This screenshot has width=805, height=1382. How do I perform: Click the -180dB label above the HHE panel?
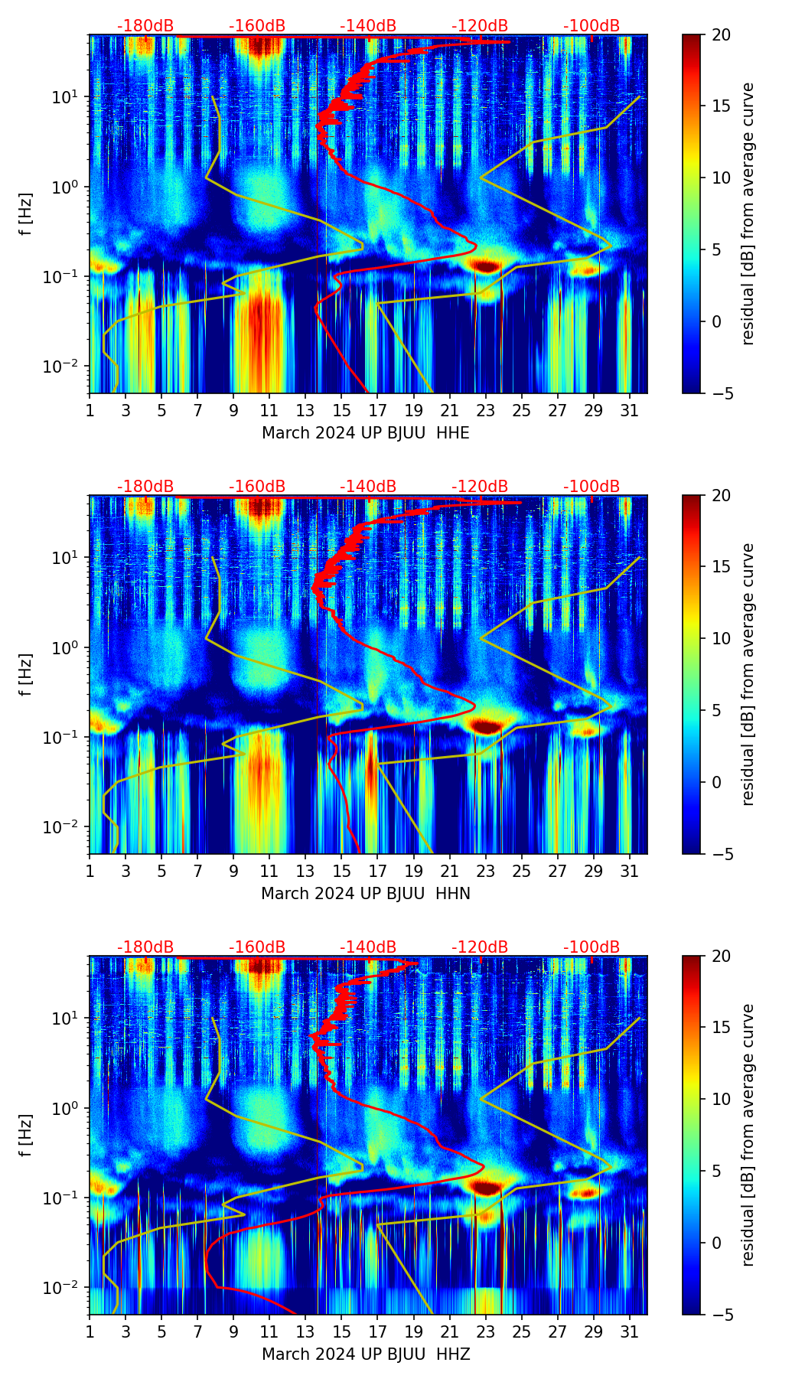[145, 26]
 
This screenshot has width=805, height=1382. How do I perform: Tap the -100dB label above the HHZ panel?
[592, 947]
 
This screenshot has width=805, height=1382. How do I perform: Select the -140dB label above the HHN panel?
[368, 487]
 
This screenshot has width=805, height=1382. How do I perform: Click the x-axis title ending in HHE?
[366, 433]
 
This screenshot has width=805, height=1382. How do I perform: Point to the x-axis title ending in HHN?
[366, 894]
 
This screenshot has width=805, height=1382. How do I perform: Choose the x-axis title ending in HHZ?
[366, 1354]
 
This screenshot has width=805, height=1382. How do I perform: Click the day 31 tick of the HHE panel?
[630, 410]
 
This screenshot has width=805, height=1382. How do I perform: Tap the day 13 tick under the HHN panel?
[306, 871]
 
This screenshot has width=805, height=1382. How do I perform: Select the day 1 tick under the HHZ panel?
[90, 1331]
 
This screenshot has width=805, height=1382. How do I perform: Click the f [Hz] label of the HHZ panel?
[26, 1136]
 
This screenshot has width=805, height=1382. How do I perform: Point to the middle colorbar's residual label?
[748, 674]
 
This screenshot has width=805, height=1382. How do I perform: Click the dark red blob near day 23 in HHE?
[485, 266]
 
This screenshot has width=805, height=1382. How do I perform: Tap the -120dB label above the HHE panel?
[480, 26]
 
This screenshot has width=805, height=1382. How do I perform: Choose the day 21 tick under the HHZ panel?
[450, 1331]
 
